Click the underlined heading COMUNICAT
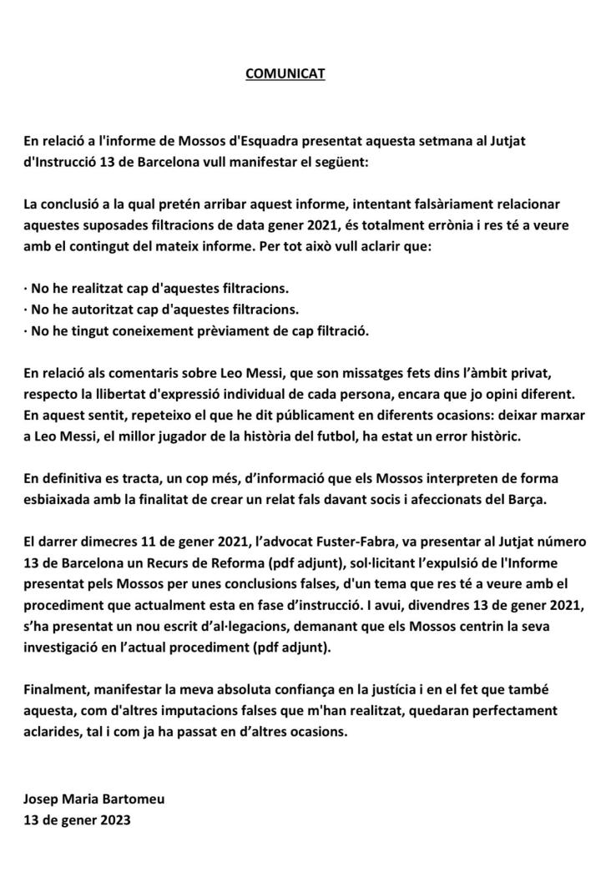(285, 74)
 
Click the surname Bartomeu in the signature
(132, 799)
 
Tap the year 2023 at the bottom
(114, 819)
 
